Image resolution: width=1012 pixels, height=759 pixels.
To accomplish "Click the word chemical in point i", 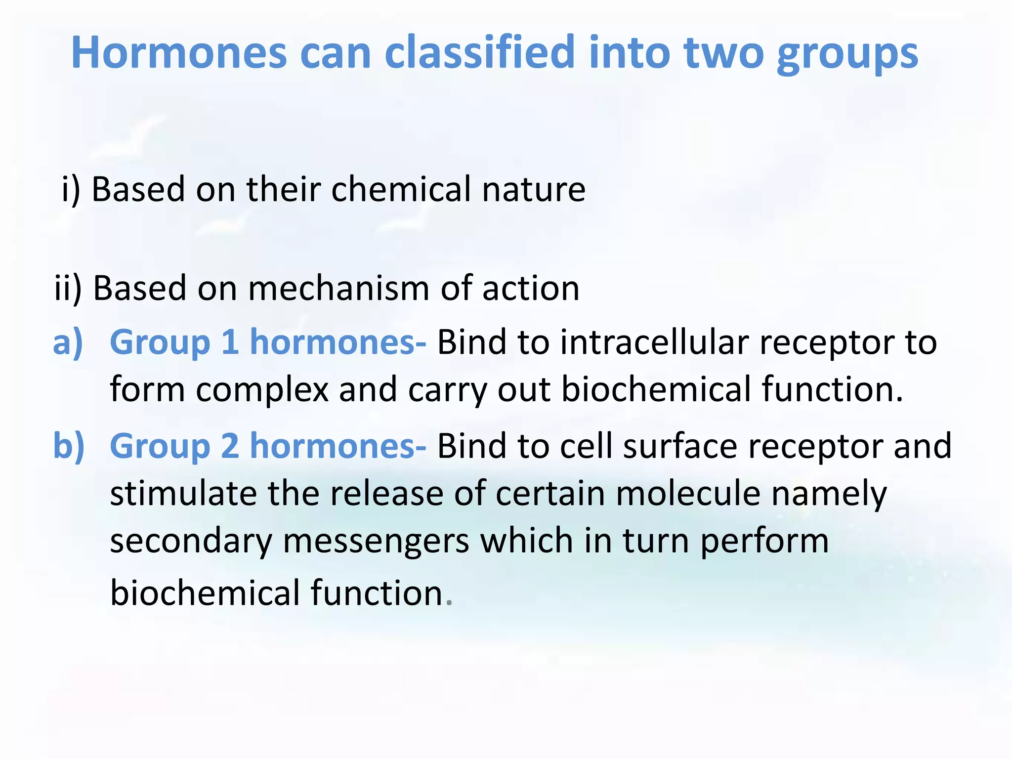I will pos(401,189).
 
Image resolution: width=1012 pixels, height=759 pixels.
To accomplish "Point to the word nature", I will pos(534,190).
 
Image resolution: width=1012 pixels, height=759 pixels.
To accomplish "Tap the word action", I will pos(531,289).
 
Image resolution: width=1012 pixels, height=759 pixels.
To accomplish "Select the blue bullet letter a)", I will pos(68,342).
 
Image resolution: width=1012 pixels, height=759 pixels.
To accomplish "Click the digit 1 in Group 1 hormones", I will pos(230,342).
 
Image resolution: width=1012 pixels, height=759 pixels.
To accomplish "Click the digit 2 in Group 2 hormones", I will pos(230,446).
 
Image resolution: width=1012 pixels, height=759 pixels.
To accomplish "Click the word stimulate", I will pos(183,494).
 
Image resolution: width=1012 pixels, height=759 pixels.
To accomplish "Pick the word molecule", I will pos(687,494).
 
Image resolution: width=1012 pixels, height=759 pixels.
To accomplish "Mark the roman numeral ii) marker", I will pos(68,289).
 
